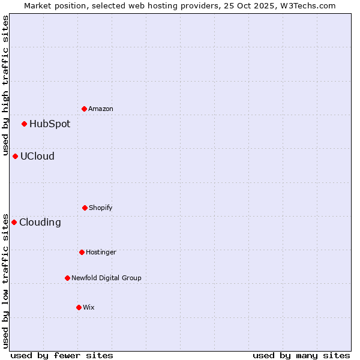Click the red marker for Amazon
85,109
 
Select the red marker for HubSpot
25,124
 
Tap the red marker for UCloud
16,156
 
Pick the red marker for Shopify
85,208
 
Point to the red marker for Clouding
14,222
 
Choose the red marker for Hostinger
82,252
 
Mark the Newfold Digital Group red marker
68,278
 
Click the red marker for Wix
79,307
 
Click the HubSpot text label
50,124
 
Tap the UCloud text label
37,157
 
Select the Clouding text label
40,223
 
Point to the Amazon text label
101,109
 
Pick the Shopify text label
101,208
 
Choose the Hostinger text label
101,253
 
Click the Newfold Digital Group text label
106,278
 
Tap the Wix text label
89,308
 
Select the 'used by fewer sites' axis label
62,355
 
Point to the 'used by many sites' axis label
301,355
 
